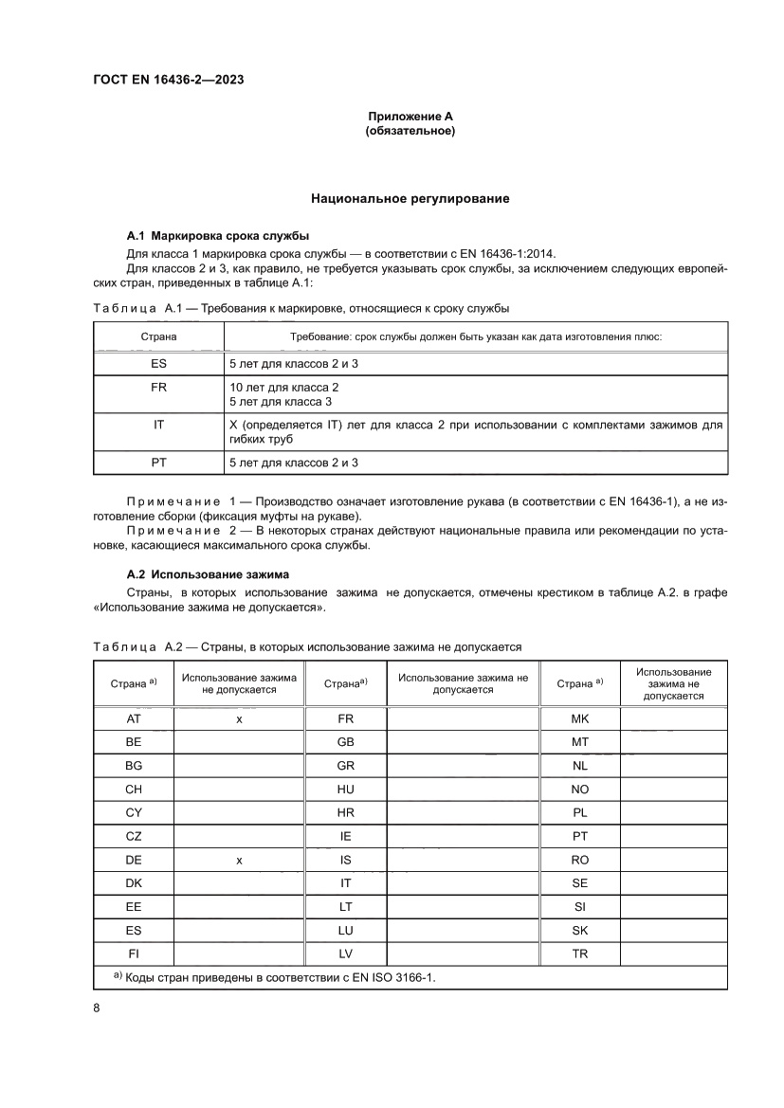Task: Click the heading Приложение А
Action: tap(410, 116)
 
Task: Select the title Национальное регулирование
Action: tap(410, 199)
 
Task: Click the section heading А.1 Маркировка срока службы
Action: tap(218, 235)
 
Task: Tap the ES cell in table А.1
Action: tap(158, 363)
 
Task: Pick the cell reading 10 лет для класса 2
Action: tap(284, 388)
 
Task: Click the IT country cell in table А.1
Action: tap(158, 426)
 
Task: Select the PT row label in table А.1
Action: tap(158, 463)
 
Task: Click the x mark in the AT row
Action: tap(240, 719)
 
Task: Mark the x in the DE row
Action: tap(240, 860)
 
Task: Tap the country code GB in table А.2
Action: tap(345, 742)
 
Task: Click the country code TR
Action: tap(580, 954)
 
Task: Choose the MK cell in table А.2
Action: tap(580, 719)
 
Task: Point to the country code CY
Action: tap(133, 812)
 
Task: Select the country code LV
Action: tap(345, 954)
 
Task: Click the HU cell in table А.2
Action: tap(345, 790)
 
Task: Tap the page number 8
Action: tap(97, 1008)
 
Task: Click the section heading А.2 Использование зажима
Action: tap(209, 574)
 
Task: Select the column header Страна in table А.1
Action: tap(158, 336)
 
